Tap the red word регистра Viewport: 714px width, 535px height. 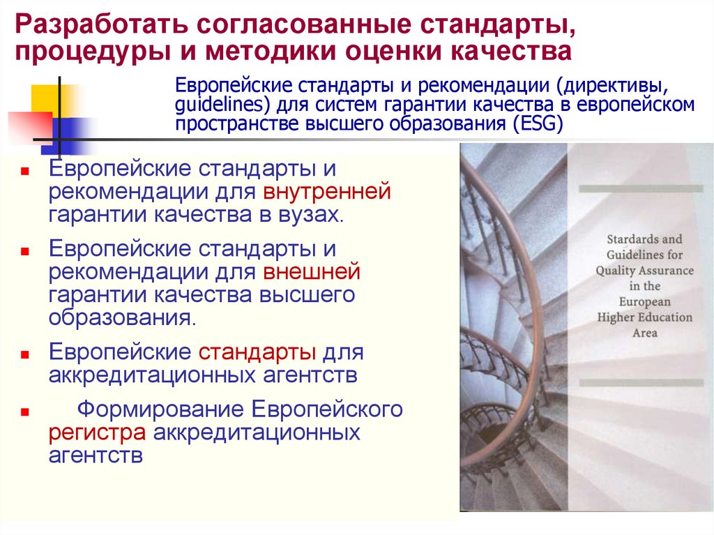click(97, 432)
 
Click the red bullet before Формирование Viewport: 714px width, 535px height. click(24, 412)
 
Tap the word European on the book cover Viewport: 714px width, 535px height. click(644, 301)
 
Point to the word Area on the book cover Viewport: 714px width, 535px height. click(644, 333)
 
